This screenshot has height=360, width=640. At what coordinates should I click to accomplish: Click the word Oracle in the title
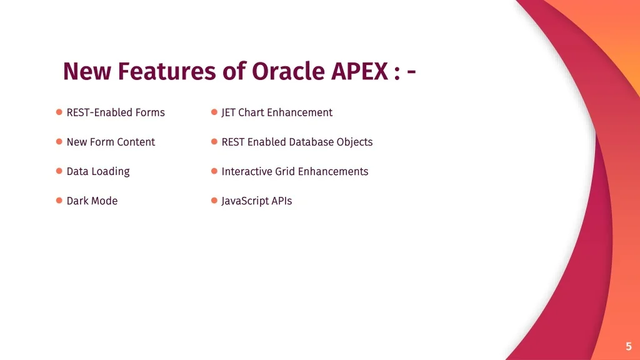[288, 71]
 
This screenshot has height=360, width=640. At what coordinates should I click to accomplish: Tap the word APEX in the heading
[359, 71]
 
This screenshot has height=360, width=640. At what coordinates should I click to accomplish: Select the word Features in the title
[167, 71]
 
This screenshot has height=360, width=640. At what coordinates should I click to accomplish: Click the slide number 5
[629, 346]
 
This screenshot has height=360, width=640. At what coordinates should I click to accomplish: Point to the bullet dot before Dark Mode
[59, 201]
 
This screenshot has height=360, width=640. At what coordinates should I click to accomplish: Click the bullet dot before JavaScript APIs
[214, 201]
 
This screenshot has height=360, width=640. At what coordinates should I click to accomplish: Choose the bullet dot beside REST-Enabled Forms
[59, 112]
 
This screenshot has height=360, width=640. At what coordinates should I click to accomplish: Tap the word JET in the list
[228, 112]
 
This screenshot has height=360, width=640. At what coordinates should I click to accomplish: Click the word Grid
[285, 171]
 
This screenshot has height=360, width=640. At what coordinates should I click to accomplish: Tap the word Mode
[105, 201]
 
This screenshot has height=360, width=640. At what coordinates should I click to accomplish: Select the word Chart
[251, 112]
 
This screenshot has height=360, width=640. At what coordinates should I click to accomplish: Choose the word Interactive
[247, 171]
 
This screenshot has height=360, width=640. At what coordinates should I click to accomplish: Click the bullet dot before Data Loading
[59, 171]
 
